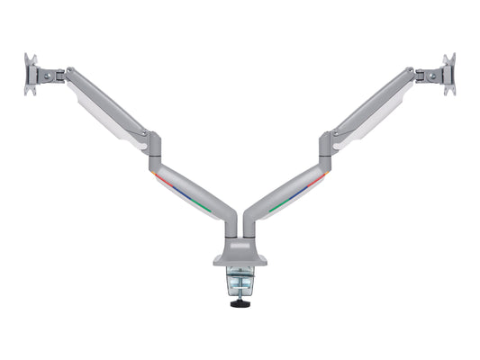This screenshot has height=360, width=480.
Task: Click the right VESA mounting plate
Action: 448,75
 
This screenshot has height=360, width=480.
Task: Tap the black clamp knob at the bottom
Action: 240,303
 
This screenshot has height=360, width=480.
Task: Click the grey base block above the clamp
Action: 240,256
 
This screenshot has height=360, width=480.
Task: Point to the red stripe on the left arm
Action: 166,180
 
